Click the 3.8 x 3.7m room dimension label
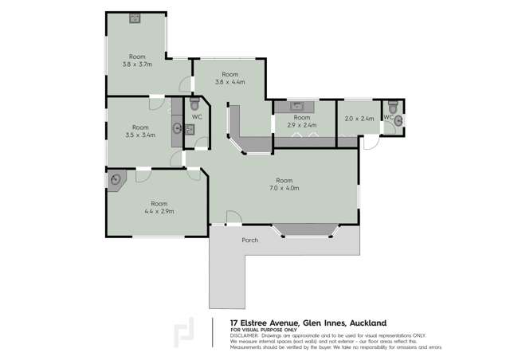(x=137, y=65)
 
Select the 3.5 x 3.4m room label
(x=140, y=135)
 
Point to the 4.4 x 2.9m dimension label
(x=159, y=211)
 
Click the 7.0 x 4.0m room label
(x=284, y=189)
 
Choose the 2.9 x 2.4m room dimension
(x=301, y=125)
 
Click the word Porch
(x=249, y=240)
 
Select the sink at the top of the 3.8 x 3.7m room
(x=135, y=18)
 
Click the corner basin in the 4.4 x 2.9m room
(x=116, y=180)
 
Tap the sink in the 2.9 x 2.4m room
(x=296, y=105)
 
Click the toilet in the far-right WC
(x=393, y=107)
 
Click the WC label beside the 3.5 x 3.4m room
(x=197, y=117)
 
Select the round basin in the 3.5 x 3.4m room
(x=177, y=127)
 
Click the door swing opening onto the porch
(x=232, y=217)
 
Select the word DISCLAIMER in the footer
(x=247, y=335)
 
